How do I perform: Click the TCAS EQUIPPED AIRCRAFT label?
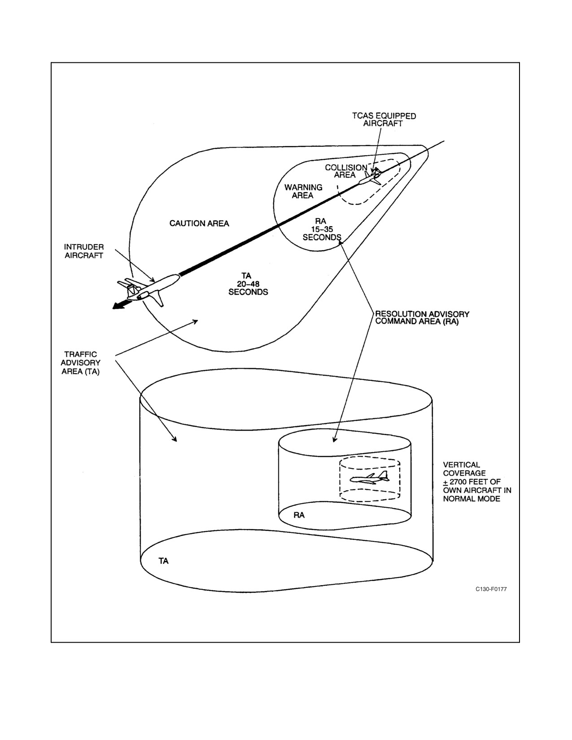[384, 120]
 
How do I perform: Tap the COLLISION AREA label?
[345, 171]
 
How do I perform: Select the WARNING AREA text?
[303, 191]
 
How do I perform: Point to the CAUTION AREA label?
[199, 223]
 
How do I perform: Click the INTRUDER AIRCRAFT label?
[84, 251]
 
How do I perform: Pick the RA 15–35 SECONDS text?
[322, 229]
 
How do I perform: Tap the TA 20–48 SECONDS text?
[248, 284]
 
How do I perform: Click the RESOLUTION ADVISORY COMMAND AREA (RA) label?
[422, 318]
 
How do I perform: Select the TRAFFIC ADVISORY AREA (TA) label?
[81, 363]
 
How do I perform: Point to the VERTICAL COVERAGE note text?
[477, 482]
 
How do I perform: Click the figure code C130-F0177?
[491, 589]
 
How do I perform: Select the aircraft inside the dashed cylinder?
[369, 477]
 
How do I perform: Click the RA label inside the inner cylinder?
[299, 515]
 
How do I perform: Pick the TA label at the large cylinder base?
[164, 561]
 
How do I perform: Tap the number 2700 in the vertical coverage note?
[461, 482]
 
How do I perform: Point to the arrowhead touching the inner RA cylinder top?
[335, 439]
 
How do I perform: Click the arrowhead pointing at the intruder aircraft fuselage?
[152, 279]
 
